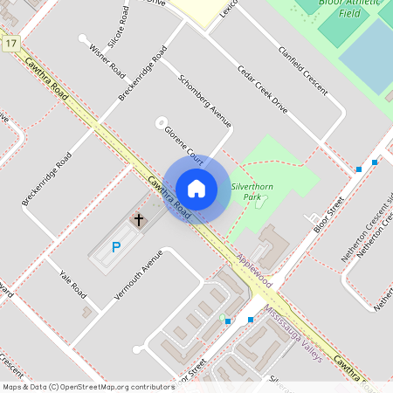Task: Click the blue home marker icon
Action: pyautogui.click(x=196, y=189)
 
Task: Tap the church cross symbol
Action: pyautogui.click(x=137, y=220)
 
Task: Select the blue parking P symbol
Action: pyautogui.click(x=115, y=248)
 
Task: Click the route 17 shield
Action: pyautogui.click(x=10, y=43)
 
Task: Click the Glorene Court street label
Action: pyautogui.click(x=183, y=146)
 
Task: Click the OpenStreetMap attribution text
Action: pyautogui.click(x=87, y=386)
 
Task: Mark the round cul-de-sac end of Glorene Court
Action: pyautogui.click(x=161, y=122)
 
